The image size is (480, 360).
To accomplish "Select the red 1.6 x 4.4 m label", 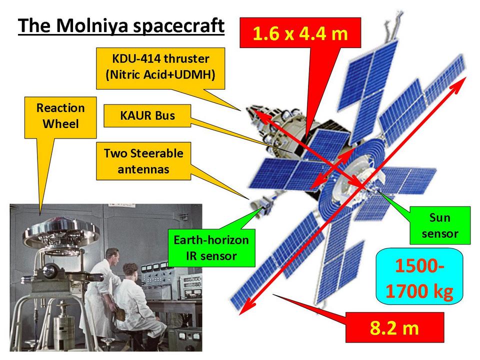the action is pyautogui.click(x=300, y=33).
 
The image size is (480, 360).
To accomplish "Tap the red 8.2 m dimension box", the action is pyautogui.click(x=394, y=327).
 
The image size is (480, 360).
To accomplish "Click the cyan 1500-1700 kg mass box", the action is pyautogui.click(x=419, y=276).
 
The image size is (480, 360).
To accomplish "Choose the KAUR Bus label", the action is pyautogui.click(x=147, y=115).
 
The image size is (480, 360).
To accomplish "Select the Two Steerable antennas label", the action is pyautogui.click(x=143, y=161).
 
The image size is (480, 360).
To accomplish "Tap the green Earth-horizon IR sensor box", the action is pyautogui.click(x=211, y=248).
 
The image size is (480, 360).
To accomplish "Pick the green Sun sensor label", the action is pyautogui.click(x=440, y=225).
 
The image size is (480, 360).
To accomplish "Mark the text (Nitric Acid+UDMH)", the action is pyautogui.click(x=160, y=74).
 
